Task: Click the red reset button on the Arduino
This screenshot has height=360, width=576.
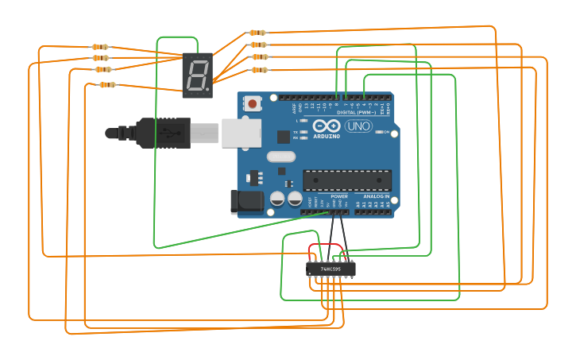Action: pyautogui.click(x=253, y=103)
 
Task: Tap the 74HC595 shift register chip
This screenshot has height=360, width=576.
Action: pyautogui.click(x=331, y=269)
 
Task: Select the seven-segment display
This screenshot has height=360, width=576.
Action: pyautogui.click(x=197, y=75)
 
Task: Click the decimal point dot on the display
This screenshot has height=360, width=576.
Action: pyautogui.click(x=208, y=90)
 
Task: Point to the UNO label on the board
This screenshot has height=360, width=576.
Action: pyautogui.click(x=358, y=126)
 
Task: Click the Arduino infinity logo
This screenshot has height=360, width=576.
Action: pyautogui.click(x=326, y=126)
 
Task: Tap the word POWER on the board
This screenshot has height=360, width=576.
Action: pyautogui.click(x=339, y=196)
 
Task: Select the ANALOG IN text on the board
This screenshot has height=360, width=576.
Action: pyautogui.click(x=376, y=196)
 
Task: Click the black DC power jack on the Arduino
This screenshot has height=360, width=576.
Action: pyautogui.click(x=247, y=201)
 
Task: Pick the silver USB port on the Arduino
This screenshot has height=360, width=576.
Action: pyautogui.click(x=242, y=134)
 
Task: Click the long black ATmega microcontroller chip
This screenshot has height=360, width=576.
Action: pyautogui.click(x=346, y=180)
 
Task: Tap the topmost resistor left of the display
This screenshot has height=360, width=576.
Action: pyautogui.click(x=100, y=47)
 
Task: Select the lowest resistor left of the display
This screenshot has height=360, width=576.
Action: pyautogui.click(x=107, y=84)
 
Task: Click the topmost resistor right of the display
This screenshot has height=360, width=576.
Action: pyautogui.click(x=257, y=33)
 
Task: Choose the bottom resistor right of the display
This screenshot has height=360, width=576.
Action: pyautogui.click(x=260, y=70)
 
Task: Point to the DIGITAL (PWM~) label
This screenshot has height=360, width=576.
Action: pyautogui.click(x=357, y=113)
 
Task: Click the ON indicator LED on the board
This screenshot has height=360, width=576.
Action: pyautogui.click(x=380, y=132)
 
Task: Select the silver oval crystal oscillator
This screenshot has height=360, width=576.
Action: pyautogui.click(x=281, y=157)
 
